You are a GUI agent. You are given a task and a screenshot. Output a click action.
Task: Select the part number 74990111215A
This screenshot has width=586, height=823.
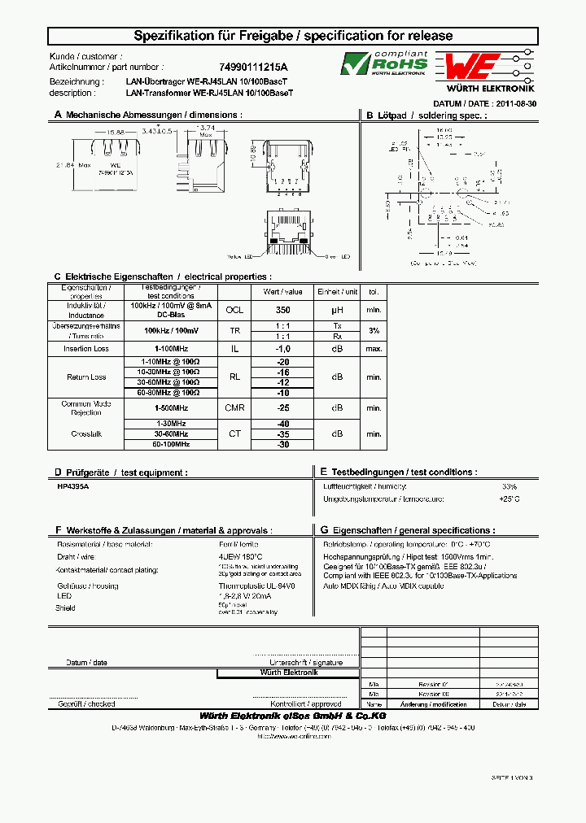pos(253,67)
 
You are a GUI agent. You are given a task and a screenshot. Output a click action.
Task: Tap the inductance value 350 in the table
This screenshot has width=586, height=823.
pos(282,310)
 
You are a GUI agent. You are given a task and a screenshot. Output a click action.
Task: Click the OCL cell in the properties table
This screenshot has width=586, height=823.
pos(234,310)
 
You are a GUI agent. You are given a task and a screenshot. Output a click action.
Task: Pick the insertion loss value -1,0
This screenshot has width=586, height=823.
pos(282,348)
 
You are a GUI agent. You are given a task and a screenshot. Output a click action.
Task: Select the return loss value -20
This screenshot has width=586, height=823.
pos(282,362)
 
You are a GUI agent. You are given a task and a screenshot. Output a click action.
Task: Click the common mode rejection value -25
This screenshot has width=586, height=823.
pos(282,408)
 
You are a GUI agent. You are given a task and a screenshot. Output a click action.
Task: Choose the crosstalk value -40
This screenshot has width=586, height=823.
pos(282,424)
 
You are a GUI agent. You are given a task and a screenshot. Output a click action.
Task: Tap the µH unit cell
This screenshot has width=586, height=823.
pos(338,310)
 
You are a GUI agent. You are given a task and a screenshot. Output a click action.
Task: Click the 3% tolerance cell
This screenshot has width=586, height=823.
pos(374,330)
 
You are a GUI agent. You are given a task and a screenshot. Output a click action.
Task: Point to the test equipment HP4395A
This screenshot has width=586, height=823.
pos(72,486)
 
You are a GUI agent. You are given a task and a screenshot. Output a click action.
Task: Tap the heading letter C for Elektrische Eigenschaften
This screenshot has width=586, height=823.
pos(58,277)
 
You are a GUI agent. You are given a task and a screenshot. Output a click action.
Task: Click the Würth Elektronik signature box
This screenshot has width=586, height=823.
pos(288,673)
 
